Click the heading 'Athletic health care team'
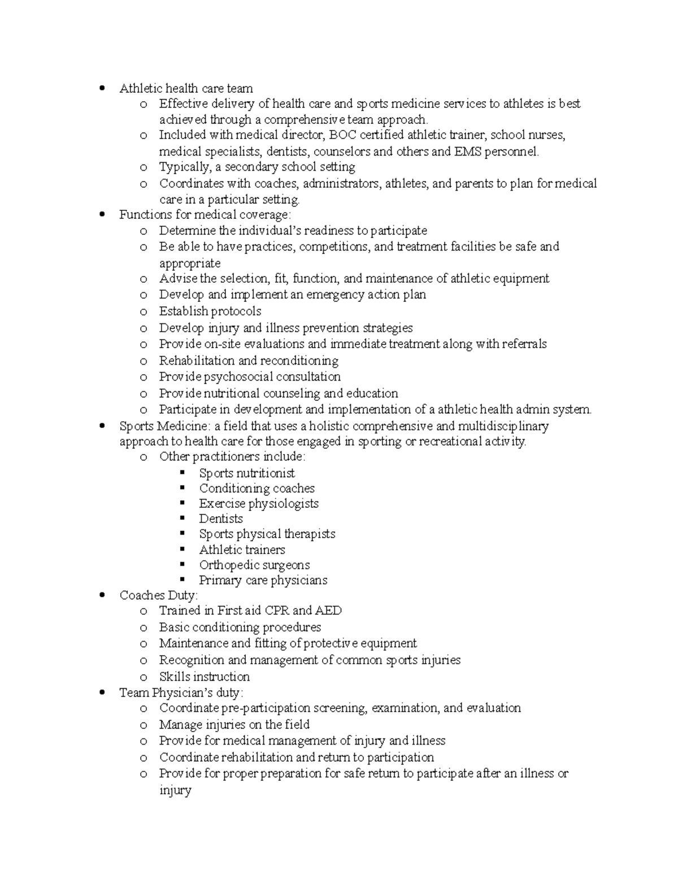click(x=186, y=88)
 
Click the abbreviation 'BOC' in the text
click(x=342, y=135)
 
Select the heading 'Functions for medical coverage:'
click(x=205, y=215)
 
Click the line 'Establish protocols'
click(x=210, y=312)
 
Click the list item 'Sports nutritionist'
click(x=247, y=473)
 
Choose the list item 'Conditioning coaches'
click(x=257, y=488)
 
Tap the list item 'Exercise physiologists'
click(x=259, y=504)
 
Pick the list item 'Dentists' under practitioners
click(x=221, y=519)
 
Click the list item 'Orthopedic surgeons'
click(x=254, y=565)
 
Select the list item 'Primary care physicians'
click(x=263, y=580)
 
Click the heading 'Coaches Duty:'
click(x=159, y=595)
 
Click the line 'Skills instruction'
click(x=205, y=677)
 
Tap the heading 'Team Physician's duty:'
click(x=181, y=693)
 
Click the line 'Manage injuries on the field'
click(x=234, y=725)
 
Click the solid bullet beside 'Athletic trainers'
click(x=182, y=548)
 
